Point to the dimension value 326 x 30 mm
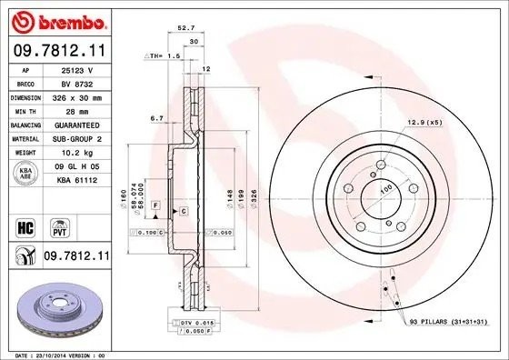(79, 95)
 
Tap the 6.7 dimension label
(155, 117)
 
